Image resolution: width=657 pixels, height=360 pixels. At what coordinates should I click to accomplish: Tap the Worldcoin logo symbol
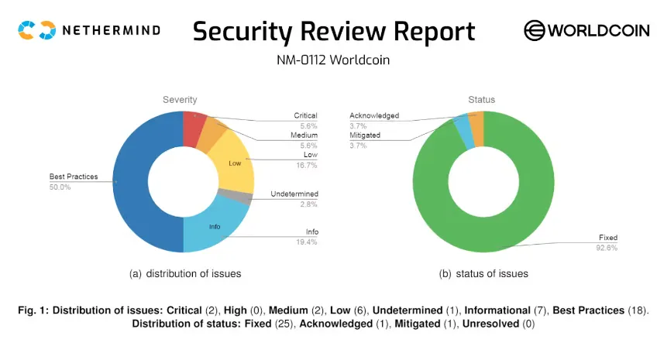click(x=535, y=30)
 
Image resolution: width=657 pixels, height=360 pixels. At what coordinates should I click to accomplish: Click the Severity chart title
click(x=180, y=99)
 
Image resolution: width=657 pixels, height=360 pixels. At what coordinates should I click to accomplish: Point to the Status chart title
click(x=481, y=99)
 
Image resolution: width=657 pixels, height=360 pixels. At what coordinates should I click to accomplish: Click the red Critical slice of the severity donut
click(x=193, y=128)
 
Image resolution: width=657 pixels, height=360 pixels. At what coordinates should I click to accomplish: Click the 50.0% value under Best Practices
click(x=60, y=187)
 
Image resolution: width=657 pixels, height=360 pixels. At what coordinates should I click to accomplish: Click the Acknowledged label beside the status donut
click(x=374, y=116)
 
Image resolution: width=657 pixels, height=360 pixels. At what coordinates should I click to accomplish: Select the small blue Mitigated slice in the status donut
click(x=463, y=129)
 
